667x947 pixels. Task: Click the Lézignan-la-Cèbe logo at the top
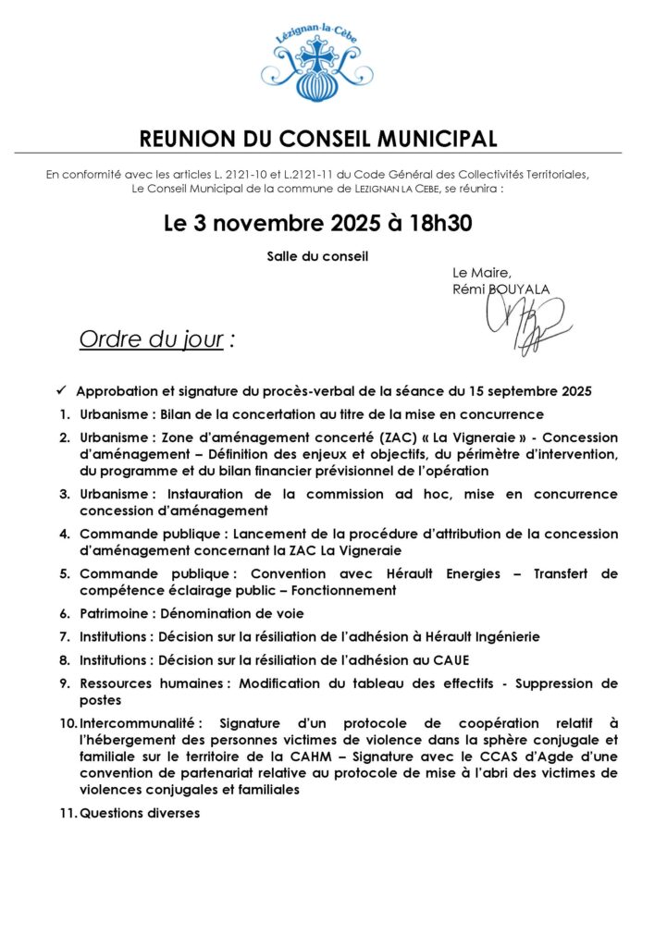point(317,64)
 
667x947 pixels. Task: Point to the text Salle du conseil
point(317,256)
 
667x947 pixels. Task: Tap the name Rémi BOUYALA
point(500,289)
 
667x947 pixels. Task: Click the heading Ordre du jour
point(152,339)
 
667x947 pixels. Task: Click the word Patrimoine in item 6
point(116,613)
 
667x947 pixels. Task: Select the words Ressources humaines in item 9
point(153,683)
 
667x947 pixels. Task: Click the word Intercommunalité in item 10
point(144,723)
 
